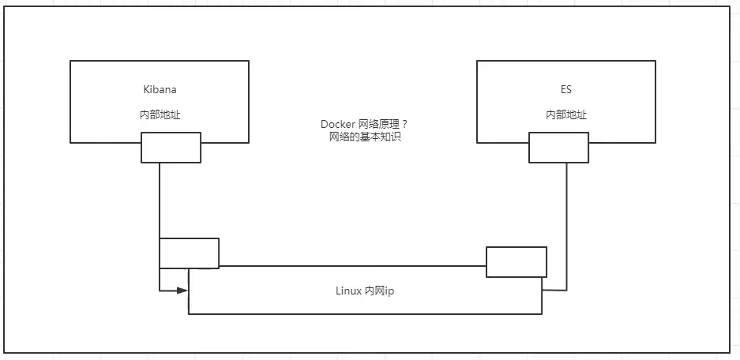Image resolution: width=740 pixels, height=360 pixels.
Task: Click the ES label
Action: pyautogui.click(x=565, y=90)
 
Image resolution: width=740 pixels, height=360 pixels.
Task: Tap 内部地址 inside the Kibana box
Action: pyautogui.click(x=160, y=114)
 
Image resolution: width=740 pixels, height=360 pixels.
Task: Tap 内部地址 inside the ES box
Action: pyautogui.click(x=565, y=114)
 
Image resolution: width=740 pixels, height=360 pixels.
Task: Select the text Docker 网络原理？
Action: pyautogui.click(x=364, y=125)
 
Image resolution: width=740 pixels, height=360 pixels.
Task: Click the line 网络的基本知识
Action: pyautogui.click(x=364, y=137)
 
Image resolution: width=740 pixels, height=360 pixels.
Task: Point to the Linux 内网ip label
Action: pyautogui.click(x=365, y=291)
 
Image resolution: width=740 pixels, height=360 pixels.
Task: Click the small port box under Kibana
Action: pyautogui.click(x=171, y=148)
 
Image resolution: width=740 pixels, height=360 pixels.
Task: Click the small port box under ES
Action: pyautogui.click(x=558, y=148)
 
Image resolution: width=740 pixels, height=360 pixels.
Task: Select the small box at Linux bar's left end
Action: pyautogui.click(x=189, y=253)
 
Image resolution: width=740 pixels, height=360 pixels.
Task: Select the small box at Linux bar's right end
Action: pyautogui.click(x=516, y=262)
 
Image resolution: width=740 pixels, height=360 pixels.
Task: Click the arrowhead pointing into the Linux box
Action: pyautogui.click(x=182, y=291)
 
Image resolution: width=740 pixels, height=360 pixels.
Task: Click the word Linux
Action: pyautogui.click(x=347, y=291)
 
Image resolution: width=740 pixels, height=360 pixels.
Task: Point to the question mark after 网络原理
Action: pyautogui.click(x=404, y=125)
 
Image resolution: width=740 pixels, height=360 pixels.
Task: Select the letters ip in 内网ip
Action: pyautogui.click(x=389, y=291)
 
